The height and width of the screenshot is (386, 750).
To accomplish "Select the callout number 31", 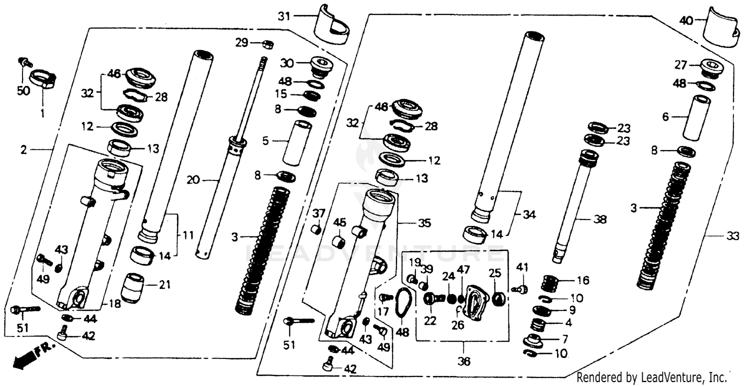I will point(284,16).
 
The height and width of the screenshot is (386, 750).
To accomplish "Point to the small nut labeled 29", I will point(267,44).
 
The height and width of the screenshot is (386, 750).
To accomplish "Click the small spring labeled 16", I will point(552,283).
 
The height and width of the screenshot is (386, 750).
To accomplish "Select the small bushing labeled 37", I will point(315,229).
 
